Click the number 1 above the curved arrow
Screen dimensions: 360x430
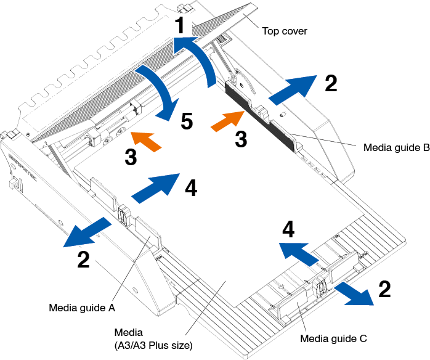180,25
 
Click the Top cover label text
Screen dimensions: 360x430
285,31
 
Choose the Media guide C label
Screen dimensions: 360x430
334,338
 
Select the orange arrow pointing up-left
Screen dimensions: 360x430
148,140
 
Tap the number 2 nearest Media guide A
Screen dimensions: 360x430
83,260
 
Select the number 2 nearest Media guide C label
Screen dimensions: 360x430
384,289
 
